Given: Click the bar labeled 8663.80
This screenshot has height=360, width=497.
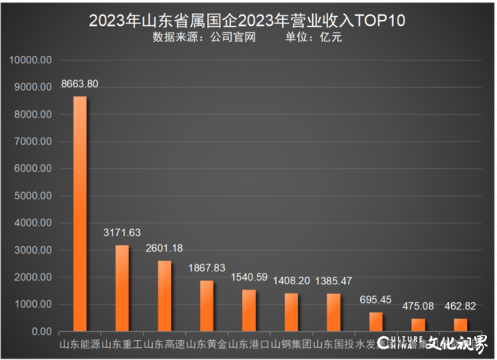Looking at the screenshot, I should (80, 214).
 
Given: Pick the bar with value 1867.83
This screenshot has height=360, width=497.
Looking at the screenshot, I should (206, 306).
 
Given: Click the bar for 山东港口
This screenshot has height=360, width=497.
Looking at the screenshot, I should (248, 310).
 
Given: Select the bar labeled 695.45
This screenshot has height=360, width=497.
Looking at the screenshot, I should (375, 322).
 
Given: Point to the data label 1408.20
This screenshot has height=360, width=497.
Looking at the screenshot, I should (291, 281).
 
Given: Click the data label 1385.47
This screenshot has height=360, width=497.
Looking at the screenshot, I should (333, 281).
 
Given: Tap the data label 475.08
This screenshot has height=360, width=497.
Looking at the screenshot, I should (417, 306).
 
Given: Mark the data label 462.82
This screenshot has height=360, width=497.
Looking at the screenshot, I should (460, 306).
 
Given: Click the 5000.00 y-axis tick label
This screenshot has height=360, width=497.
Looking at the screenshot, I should (33, 196).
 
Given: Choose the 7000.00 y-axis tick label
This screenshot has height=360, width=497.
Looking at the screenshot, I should (33, 141).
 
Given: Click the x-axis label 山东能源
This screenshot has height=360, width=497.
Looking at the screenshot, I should (80, 345).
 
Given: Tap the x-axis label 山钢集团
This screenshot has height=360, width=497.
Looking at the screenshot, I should (291, 345).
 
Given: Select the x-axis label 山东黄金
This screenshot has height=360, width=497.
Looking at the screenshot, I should (206, 345).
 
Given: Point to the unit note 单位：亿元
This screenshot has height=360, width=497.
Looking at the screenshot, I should (313, 37).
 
